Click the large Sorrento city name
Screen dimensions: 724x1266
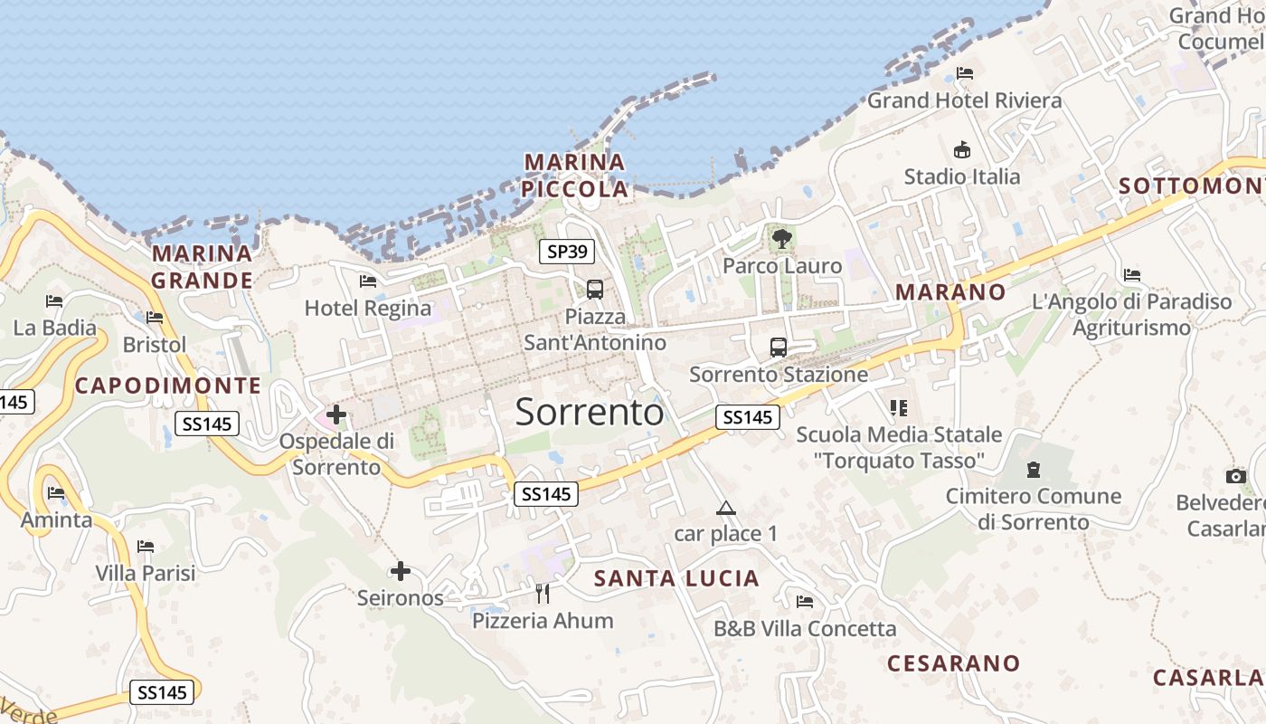pos(590,413)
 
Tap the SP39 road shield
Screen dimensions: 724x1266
pos(567,252)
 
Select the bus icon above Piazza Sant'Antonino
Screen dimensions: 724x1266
pos(595,290)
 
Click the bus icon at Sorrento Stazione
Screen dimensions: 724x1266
pos(778,348)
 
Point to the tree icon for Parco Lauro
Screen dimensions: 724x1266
pos(781,239)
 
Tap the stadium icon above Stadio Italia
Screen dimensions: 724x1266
pos(962,149)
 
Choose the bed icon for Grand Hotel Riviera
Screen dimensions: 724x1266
pos(965,73)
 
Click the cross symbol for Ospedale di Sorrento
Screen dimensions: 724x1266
pos(336,415)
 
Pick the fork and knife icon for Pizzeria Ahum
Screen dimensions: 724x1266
pos(543,594)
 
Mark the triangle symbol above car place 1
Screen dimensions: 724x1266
pos(725,508)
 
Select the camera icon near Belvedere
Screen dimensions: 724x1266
pos(1235,476)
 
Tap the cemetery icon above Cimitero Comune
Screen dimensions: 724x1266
pos(1033,470)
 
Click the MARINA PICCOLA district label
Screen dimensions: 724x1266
pos(575,176)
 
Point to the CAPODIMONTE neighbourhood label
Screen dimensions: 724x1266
pos(168,386)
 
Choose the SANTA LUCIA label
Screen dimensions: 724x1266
pos(676,578)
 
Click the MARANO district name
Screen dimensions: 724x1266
pos(949,291)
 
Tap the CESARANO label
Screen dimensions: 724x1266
pos(953,663)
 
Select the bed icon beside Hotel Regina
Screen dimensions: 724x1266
pos(368,281)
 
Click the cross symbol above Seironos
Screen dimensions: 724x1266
pos(401,571)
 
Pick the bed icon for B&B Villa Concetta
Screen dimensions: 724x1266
pos(805,602)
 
